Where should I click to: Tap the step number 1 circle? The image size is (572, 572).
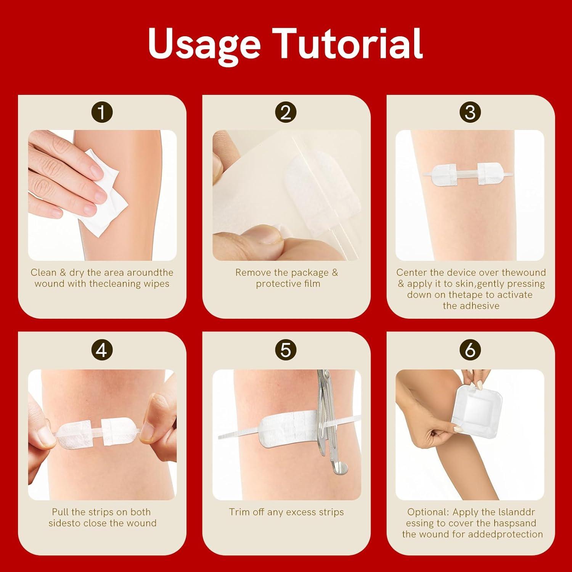(102, 112)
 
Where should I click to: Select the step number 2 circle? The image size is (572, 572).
(286, 112)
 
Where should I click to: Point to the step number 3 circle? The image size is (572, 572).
(470, 112)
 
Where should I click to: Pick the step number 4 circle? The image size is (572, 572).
(102, 350)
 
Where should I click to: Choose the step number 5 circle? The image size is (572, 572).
(286, 350)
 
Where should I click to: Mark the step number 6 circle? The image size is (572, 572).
(470, 350)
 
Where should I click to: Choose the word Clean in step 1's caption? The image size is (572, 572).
(43, 273)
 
